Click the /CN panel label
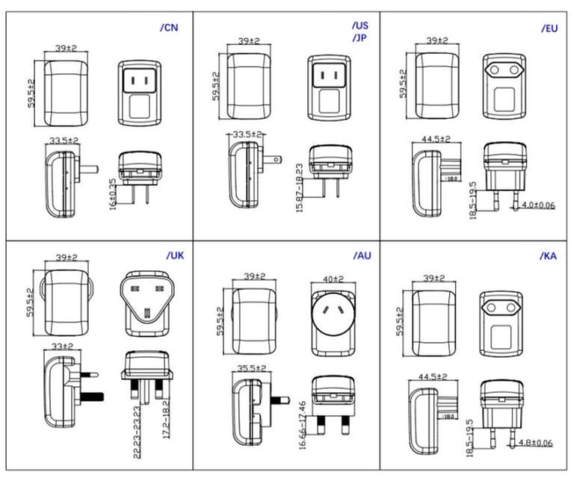coord(170,28)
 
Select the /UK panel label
coord(175,255)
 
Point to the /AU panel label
coord(362,255)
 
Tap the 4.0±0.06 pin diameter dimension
coord(538,205)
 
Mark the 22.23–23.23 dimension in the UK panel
coord(136,421)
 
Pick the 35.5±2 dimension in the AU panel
coord(250,368)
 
